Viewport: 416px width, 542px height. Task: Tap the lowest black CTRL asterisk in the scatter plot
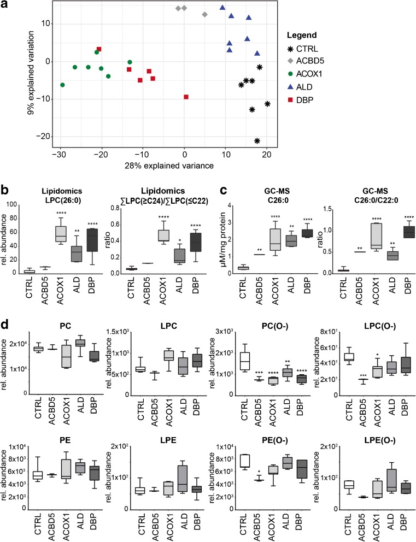(257, 141)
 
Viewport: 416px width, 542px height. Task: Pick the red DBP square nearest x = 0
(186, 97)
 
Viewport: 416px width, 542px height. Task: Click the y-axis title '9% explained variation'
(33, 74)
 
